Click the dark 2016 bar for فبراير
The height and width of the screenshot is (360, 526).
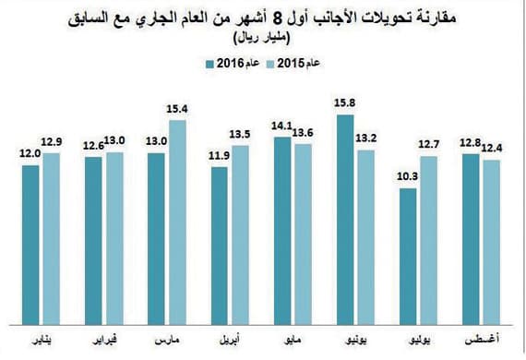click(x=94, y=237)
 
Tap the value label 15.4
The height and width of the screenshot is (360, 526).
click(x=178, y=109)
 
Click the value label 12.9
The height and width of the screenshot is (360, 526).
click(x=51, y=140)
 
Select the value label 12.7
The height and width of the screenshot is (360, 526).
click(x=429, y=144)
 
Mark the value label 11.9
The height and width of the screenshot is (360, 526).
click(x=220, y=155)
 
